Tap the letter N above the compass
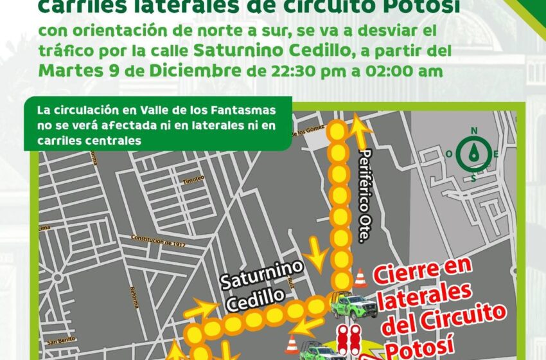click(x=475, y=130)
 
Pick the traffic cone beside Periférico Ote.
click(x=360, y=278)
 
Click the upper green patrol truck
click(x=353, y=305)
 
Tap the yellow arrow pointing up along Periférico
click(x=362, y=134)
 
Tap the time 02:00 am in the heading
click(x=405, y=70)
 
